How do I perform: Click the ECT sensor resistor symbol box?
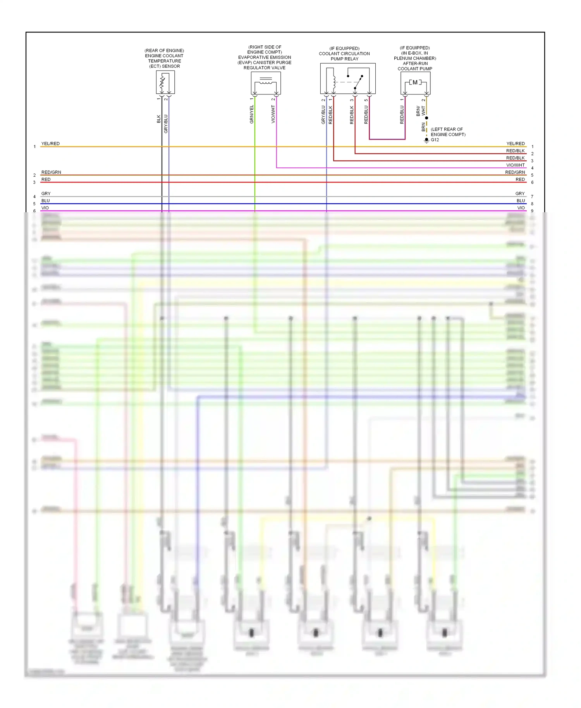pyautogui.click(x=165, y=82)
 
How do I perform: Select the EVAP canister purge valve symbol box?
pyautogui.click(x=266, y=83)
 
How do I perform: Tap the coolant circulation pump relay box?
pyautogui.click(x=347, y=79)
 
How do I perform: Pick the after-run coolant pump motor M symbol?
pyautogui.click(x=415, y=82)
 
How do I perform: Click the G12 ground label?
pyautogui.click(x=435, y=140)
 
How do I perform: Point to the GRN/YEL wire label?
pyautogui.click(x=252, y=114)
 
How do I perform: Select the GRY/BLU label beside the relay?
pyautogui.click(x=323, y=115)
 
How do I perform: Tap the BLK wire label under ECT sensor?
pyautogui.click(x=159, y=119)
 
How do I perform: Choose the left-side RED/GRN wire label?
pyautogui.click(x=51, y=172)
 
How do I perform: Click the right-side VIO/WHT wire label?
pyautogui.click(x=515, y=165)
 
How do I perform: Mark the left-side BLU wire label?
pyautogui.click(x=46, y=201)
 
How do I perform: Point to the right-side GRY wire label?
pyautogui.click(x=520, y=194)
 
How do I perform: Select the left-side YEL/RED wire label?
pyautogui.click(x=50, y=144)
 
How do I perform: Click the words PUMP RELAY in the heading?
pyautogui.click(x=344, y=59)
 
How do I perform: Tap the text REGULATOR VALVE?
pyautogui.click(x=265, y=68)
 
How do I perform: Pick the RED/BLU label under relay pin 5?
pyautogui.click(x=366, y=115)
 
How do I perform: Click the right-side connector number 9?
pyautogui.click(x=532, y=211)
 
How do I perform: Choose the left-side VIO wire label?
pyautogui.click(x=45, y=208)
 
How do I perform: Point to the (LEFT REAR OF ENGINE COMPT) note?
pyautogui.click(x=448, y=132)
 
